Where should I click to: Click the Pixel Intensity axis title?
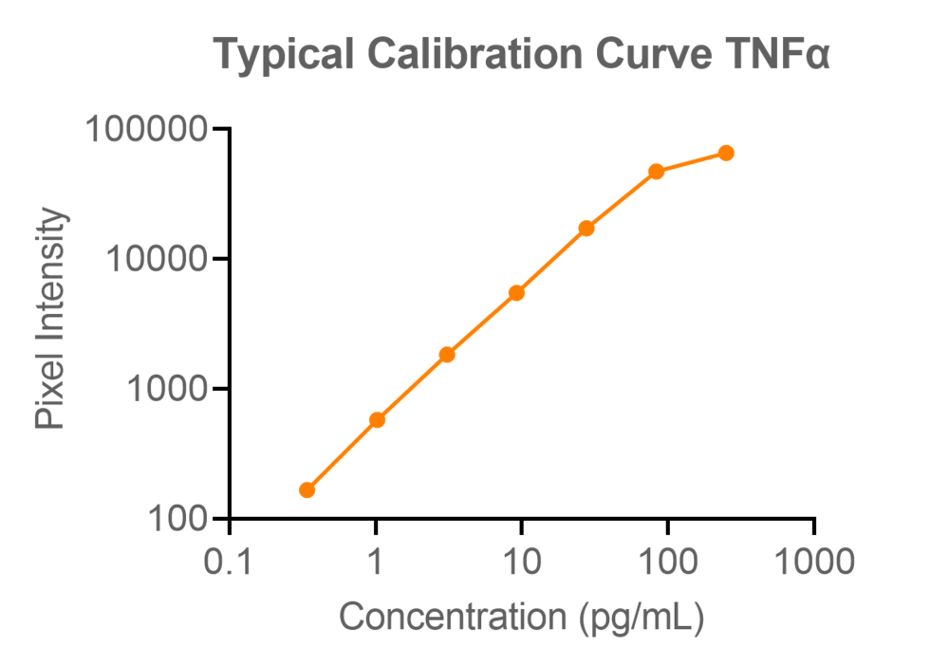pos(51,318)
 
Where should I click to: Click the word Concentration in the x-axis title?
pos(454,618)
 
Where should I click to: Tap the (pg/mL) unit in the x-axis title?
pos(641,619)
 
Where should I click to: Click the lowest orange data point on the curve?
pos(307,490)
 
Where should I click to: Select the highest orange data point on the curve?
pos(726,153)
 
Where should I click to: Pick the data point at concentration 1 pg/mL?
pos(377,419)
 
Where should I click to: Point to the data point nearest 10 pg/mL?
pos(516,292)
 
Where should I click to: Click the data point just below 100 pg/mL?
pos(656,172)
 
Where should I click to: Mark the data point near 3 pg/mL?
pos(447,355)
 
